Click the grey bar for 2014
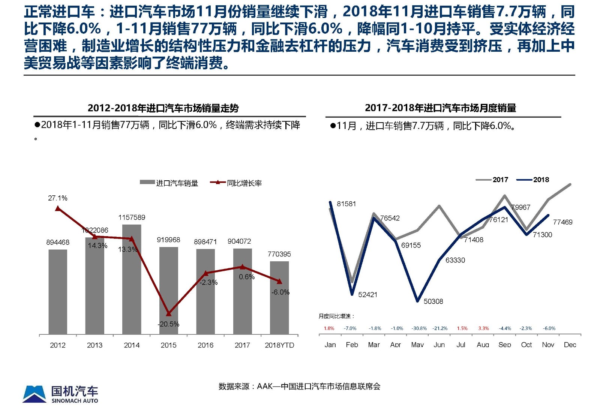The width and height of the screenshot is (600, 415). click(132, 285)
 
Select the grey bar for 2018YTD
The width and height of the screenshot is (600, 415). click(279, 300)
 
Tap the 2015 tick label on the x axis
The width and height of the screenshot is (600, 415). click(168, 345)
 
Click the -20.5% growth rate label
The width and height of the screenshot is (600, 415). click(168, 324)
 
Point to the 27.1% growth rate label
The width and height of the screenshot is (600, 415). click(58, 198)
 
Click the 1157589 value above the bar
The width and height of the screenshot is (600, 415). click(132, 217)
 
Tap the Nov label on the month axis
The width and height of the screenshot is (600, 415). click(548, 345)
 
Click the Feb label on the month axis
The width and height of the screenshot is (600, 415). click(352, 345)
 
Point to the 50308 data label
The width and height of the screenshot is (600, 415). click(433, 301)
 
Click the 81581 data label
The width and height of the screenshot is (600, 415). click(346, 204)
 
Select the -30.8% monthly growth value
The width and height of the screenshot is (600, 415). click(419, 328)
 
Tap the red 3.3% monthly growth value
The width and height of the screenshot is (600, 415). click(483, 328)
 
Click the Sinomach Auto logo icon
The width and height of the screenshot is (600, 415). click(34, 394)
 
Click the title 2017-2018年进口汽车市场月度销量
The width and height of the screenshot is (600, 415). click(440, 108)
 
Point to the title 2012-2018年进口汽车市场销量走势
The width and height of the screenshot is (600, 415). click(163, 108)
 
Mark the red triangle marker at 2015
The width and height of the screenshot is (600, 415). click(168, 313)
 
